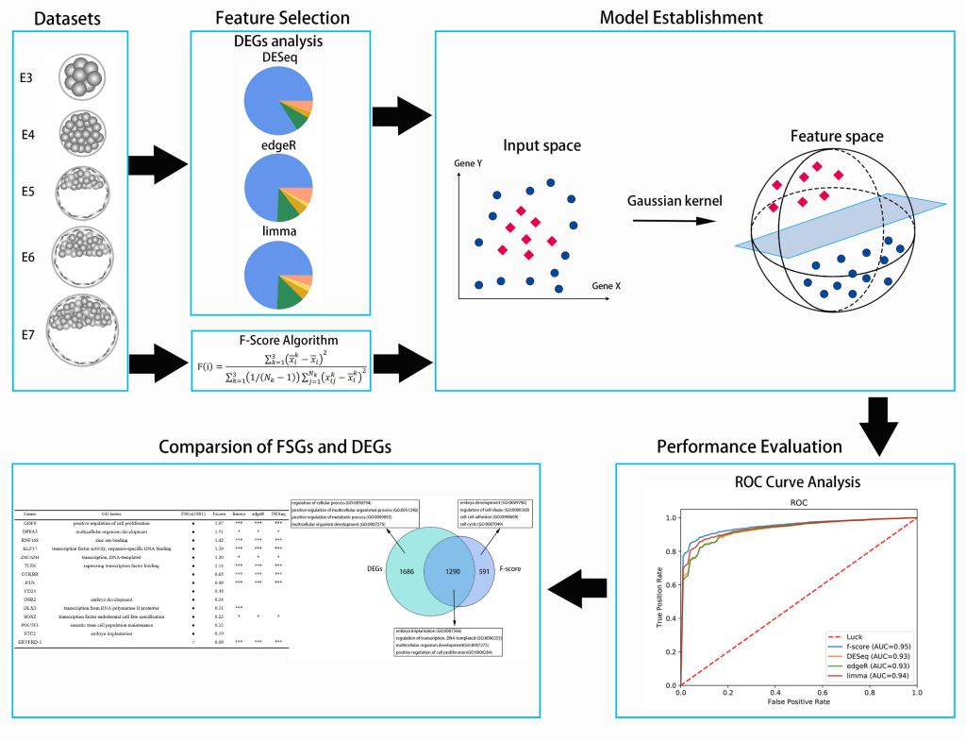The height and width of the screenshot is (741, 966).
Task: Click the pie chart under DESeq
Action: click(x=277, y=100)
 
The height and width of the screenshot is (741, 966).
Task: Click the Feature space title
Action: click(x=836, y=137)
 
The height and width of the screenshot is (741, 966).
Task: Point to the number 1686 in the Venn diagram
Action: click(x=386, y=572)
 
